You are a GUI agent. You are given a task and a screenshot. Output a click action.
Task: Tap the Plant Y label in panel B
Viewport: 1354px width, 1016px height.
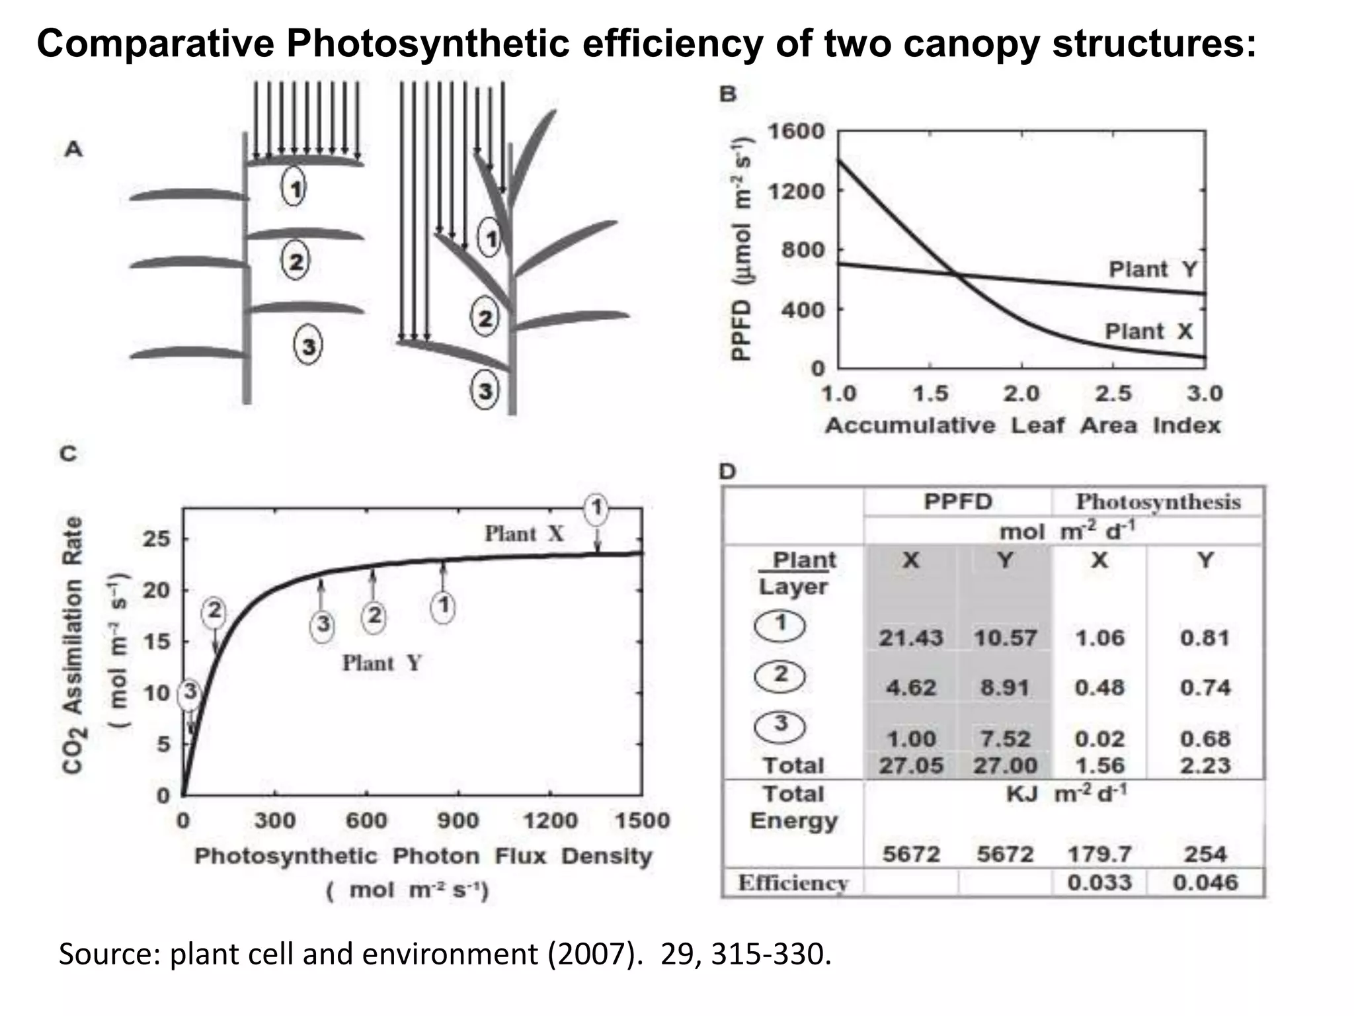pos(1152,270)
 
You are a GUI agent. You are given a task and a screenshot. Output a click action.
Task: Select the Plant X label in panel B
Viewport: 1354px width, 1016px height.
pos(1149,331)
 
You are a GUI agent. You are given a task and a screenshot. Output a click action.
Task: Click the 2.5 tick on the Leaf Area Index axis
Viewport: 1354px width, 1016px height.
pos(1113,394)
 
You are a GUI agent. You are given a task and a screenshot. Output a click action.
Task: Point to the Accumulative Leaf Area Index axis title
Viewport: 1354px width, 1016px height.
pos(1022,425)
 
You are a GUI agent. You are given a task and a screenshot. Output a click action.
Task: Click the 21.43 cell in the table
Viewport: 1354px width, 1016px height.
pos(910,638)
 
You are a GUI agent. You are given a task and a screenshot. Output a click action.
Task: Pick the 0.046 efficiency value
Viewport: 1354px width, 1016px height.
pos(1205,882)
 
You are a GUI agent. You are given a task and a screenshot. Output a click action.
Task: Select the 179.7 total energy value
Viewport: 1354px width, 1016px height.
pos(1099,854)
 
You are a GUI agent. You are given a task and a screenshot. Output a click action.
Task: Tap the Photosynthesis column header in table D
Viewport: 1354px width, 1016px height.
pos(1158,502)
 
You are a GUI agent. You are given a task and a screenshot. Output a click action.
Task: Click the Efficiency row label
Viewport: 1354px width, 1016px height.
pos(793,883)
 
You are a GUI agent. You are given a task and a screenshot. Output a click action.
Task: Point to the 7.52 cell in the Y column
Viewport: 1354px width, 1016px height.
pos(1004,738)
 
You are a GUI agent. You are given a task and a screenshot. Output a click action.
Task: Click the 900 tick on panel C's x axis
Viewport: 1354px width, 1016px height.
pos(458,821)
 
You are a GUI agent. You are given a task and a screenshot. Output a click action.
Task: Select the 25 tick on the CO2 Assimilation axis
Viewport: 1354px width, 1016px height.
pos(157,539)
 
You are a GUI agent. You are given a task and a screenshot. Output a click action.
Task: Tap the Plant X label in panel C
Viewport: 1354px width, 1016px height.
pos(524,533)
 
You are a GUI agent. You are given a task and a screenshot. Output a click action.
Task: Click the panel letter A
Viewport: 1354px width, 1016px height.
pos(73,149)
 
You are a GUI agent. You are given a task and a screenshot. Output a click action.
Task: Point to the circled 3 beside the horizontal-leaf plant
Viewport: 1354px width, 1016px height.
pos(308,345)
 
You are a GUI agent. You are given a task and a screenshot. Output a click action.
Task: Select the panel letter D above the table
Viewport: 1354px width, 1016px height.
pos(727,472)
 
